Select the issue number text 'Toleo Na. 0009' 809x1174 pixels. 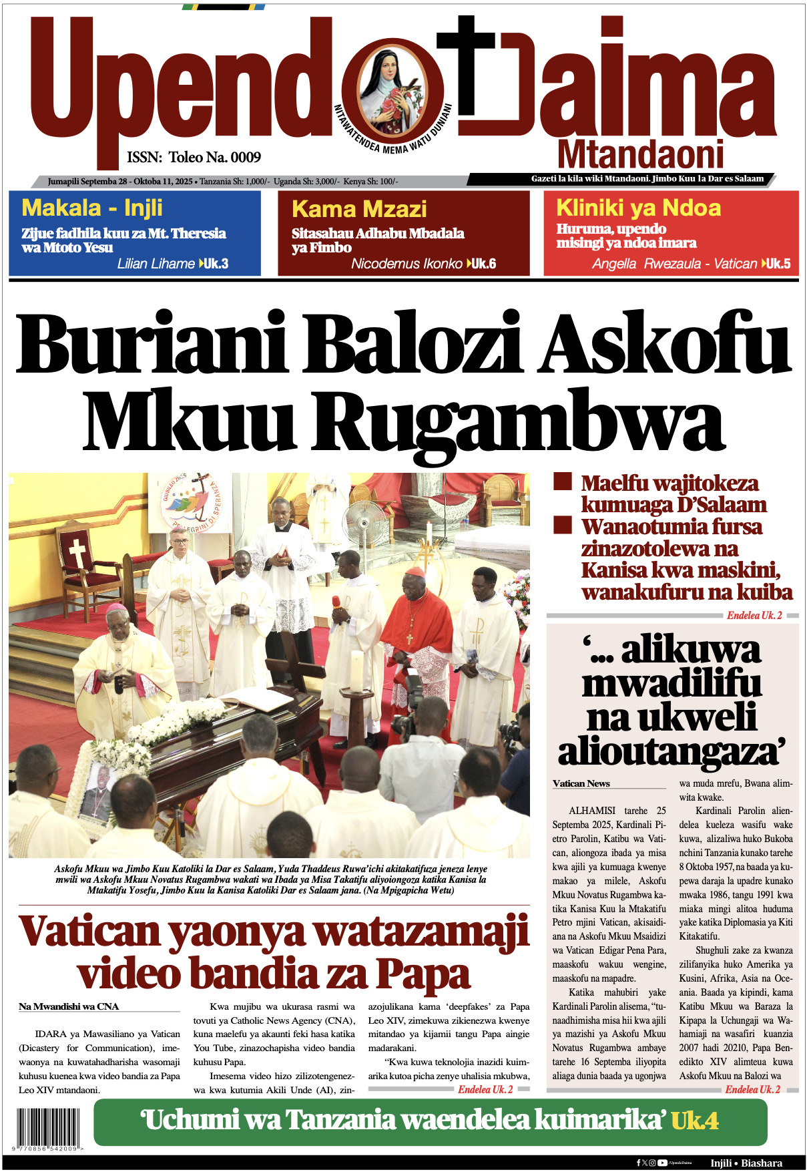[x=214, y=158]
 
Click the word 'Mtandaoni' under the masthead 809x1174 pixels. [x=640, y=155]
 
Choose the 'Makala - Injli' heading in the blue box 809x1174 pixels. [x=92, y=208]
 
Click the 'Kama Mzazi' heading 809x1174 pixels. [x=359, y=209]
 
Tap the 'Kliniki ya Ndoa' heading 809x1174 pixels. [x=638, y=208]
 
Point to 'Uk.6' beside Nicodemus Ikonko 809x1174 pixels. [x=483, y=264]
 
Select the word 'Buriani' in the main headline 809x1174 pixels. [x=152, y=342]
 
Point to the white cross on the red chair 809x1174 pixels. [x=77, y=553]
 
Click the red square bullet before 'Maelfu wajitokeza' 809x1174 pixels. [x=563, y=481]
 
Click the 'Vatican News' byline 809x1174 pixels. [x=581, y=783]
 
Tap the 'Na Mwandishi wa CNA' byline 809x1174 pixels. [x=69, y=1006]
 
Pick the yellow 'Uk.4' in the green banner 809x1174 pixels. [x=694, y=1121]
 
